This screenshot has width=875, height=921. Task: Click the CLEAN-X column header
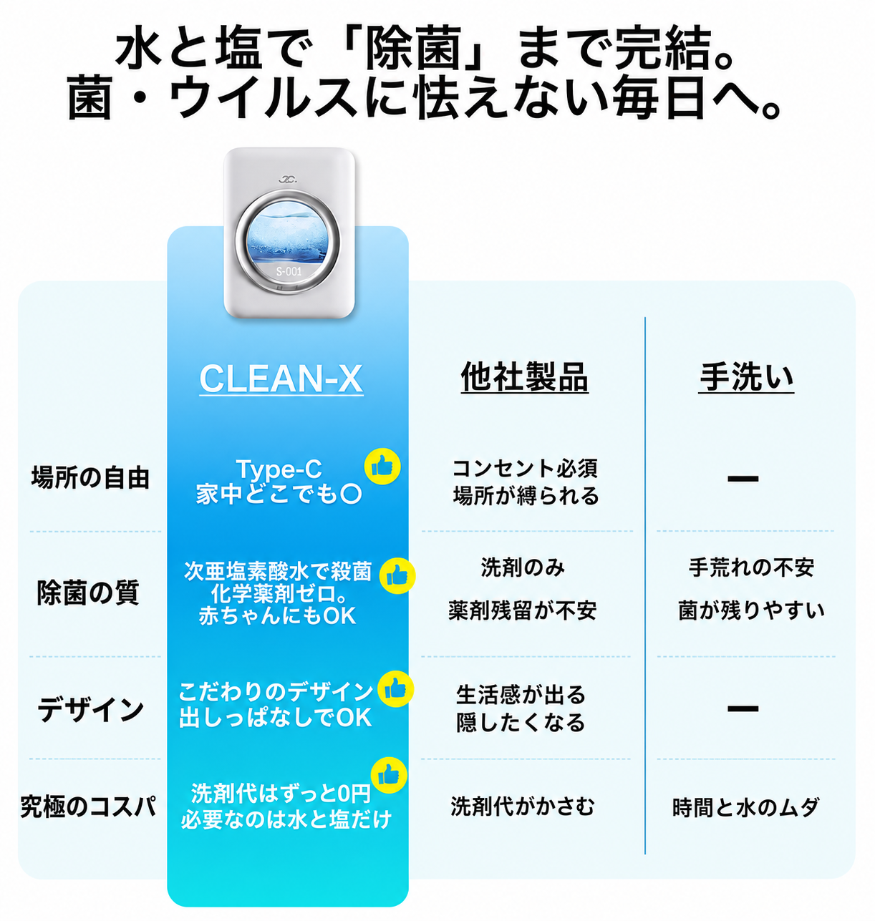(x=281, y=379)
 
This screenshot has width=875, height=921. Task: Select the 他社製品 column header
(x=525, y=377)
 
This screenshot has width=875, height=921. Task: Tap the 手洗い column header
(x=746, y=377)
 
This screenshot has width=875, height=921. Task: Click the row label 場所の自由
(x=90, y=477)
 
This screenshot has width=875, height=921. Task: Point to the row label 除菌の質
(x=89, y=592)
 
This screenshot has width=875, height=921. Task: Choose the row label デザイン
(x=90, y=709)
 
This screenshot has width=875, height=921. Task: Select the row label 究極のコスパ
(x=89, y=807)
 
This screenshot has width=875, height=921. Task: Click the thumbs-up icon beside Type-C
(x=382, y=467)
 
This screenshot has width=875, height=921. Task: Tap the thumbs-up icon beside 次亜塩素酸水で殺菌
(x=397, y=576)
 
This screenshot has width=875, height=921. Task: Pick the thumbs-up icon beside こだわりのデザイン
(x=396, y=688)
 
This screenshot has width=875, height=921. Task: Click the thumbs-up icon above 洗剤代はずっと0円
(x=389, y=775)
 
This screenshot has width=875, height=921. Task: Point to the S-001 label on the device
(x=289, y=271)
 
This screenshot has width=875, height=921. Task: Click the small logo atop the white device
(x=287, y=178)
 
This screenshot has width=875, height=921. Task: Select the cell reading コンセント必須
(x=525, y=469)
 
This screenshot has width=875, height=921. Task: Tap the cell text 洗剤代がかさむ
(x=523, y=807)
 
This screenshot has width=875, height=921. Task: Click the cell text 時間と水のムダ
(x=746, y=807)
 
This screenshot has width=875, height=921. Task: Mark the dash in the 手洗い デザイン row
(x=743, y=708)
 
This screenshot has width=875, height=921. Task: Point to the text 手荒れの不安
(x=752, y=567)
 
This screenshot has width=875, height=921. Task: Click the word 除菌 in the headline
(x=413, y=48)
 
